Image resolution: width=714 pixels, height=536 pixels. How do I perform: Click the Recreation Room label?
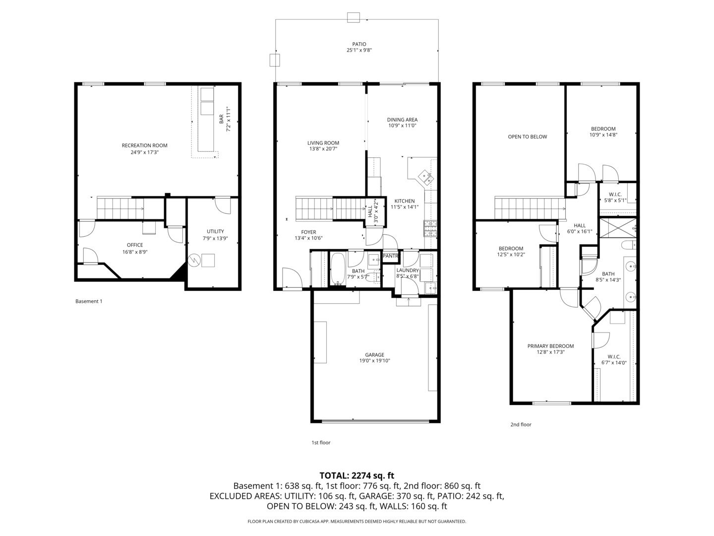click(144, 145)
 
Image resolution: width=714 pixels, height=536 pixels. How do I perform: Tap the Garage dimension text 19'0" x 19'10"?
click(374, 361)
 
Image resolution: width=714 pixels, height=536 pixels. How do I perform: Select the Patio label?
click(359, 44)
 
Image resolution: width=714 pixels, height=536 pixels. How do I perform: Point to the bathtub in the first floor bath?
click(338, 269)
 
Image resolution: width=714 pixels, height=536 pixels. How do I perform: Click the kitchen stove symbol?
click(430, 227)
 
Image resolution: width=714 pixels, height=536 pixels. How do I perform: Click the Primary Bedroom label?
click(550, 346)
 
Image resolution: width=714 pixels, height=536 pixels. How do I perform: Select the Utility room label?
click(215, 231)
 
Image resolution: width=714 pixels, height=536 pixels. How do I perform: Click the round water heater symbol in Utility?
click(194, 260)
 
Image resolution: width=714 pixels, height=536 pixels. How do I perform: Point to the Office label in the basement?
click(135, 245)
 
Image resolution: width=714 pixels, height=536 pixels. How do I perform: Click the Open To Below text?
click(527, 136)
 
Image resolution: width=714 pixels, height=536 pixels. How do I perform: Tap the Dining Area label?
click(402, 120)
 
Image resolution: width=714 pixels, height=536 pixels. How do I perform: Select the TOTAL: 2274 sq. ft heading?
click(357, 475)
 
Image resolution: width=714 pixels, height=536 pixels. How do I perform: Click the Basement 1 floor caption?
click(89, 301)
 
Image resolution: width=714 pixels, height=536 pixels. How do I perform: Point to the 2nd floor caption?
click(521, 424)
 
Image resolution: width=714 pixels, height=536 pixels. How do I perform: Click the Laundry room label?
click(408, 270)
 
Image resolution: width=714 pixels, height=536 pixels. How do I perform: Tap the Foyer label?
click(308, 232)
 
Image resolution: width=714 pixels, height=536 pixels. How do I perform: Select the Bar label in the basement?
click(221, 120)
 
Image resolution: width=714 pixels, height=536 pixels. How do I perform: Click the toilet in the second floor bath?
click(627, 245)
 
